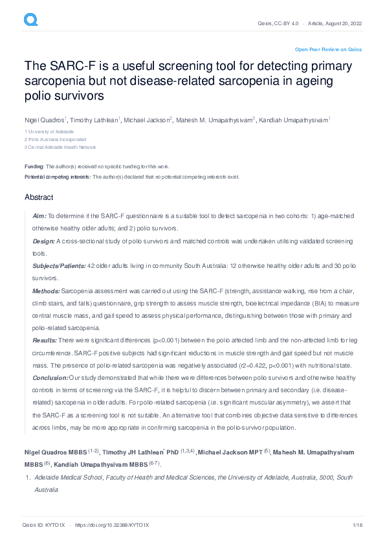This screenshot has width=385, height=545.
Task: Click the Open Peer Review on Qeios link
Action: tap(328, 49)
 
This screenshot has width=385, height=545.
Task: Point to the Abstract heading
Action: tap(39, 197)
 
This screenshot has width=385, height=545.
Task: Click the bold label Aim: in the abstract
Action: tap(39, 215)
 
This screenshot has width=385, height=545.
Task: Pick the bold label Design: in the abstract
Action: tap(43, 241)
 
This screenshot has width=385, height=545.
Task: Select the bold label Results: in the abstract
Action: tap(44, 340)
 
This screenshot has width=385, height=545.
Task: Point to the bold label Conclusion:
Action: tap(50, 377)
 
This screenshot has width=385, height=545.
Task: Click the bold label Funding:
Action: tap(34, 166)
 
